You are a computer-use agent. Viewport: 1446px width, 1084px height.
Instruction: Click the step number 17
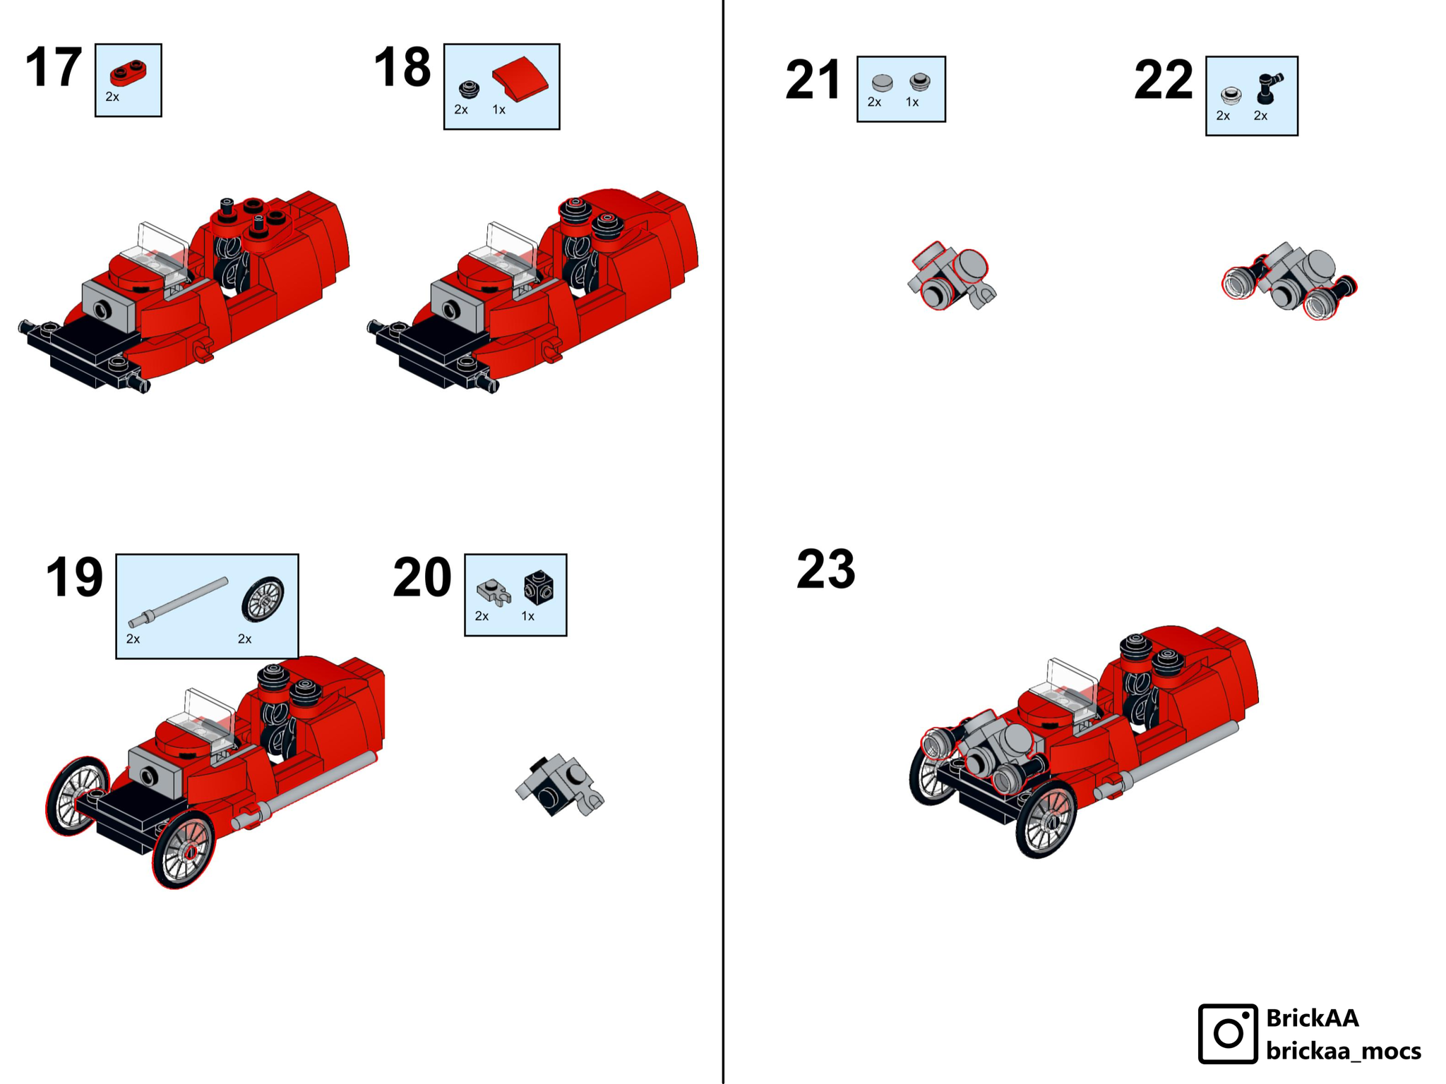(53, 68)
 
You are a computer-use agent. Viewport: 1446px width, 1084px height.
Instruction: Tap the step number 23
(825, 569)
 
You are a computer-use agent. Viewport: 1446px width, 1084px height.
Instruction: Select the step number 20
(422, 577)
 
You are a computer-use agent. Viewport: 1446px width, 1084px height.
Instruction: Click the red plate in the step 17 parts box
(129, 73)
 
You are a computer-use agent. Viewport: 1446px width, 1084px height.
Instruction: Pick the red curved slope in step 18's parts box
(520, 78)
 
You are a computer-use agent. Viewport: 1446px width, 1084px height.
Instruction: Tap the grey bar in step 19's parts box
(178, 603)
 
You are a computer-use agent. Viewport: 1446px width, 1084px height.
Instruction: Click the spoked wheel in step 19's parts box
(263, 599)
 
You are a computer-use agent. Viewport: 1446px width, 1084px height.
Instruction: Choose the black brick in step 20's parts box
(539, 587)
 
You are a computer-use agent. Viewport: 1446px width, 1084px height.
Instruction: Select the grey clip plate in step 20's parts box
(494, 591)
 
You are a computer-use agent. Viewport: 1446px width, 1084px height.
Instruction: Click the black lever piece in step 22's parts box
(1269, 88)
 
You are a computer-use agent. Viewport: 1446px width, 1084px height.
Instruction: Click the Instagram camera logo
(1228, 1033)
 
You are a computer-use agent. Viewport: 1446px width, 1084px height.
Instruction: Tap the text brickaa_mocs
(1343, 1051)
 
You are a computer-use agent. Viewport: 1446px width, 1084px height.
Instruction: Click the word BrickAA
(1312, 1018)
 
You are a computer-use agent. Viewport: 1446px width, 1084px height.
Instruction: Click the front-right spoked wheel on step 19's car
(183, 850)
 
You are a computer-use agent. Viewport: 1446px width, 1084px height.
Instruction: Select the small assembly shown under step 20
(559, 785)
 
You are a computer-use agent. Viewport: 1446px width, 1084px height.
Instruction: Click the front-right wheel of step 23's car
(1046, 819)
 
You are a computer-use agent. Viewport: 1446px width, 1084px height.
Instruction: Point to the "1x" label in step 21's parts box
(912, 102)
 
